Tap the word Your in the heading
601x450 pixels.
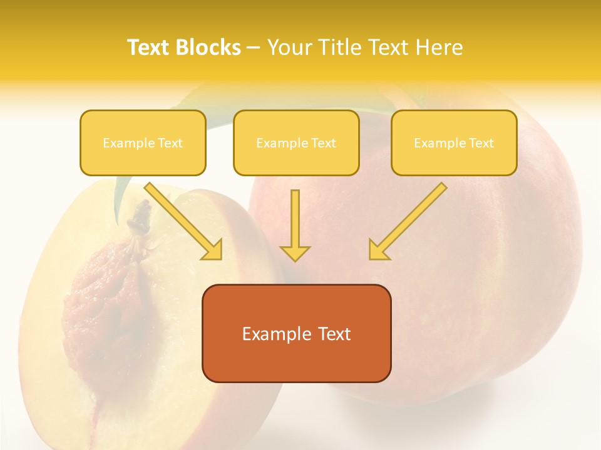[x=289, y=47]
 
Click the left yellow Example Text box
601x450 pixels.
[x=143, y=143]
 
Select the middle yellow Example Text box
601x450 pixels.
[x=296, y=143]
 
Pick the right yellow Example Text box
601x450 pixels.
[x=454, y=143]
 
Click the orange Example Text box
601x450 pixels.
[x=296, y=334]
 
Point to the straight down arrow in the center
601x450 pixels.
[x=295, y=222]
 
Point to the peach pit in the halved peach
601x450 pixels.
[x=103, y=294]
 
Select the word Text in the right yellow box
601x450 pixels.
[x=481, y=143]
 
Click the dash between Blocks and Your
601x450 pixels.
[x=254, y=47]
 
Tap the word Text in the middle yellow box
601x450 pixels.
[x=323, y=143]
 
